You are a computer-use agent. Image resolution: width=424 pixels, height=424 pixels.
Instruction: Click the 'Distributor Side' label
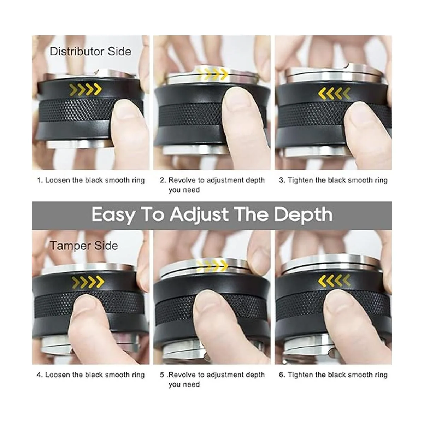(x=90, y=52)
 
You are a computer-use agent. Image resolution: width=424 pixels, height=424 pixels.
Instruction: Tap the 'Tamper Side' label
(x=84, y=246)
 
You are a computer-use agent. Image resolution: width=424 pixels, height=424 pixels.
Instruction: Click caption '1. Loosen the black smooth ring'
(x=91, y=180)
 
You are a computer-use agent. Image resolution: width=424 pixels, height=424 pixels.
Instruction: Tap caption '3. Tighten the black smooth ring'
(x=333, y=180)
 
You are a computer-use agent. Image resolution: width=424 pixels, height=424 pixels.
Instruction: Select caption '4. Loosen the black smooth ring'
(x=91, y=375)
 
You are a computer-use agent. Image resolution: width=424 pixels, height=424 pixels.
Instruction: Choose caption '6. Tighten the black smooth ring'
(x=333, y=375)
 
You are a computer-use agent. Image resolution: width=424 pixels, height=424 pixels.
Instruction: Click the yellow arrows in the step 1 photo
(x=86, y=89)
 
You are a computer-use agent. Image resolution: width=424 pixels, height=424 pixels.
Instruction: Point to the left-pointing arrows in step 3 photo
(x=334, y=93)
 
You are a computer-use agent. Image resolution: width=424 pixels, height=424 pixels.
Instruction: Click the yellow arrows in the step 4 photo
(x=88, y=282)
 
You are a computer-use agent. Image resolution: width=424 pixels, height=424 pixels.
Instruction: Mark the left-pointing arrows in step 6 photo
(x=334, y=281)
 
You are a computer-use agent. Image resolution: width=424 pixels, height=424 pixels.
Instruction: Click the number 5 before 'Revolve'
(x=162, y=375)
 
